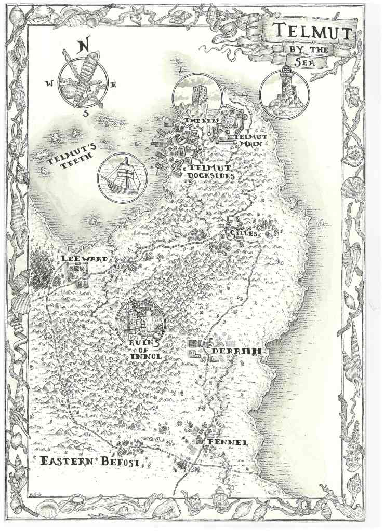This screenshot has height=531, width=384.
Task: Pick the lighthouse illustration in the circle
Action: (x=284, y=93)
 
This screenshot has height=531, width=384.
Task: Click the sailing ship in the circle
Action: (x=123, y=178)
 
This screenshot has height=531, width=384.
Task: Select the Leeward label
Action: (x=84, y=259)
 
